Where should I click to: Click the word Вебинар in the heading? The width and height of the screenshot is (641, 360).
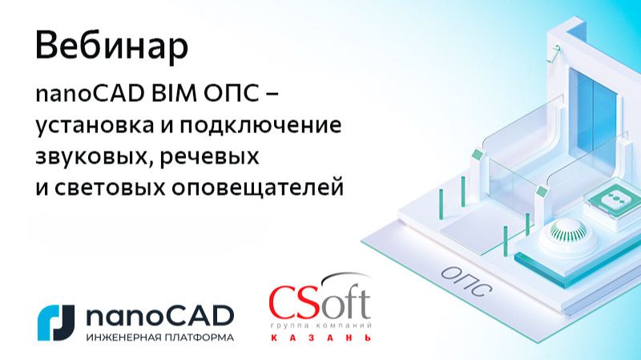click(112, 46)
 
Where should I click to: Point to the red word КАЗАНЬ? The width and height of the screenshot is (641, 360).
click(320, 338)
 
